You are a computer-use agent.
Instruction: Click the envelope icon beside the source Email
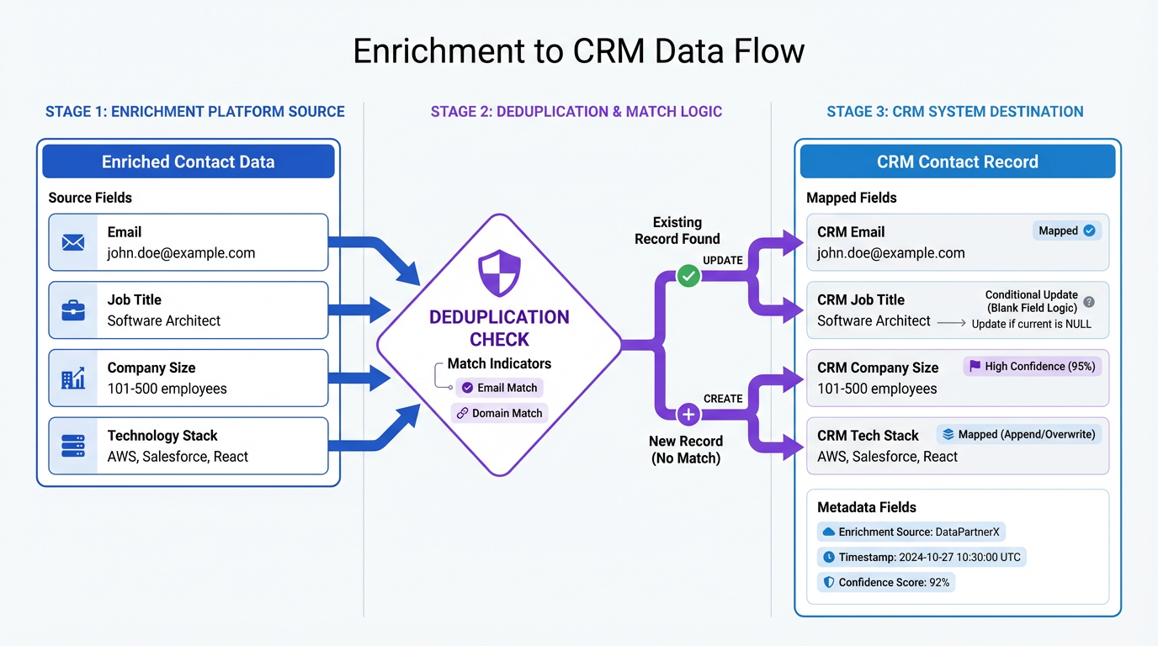[73, 242]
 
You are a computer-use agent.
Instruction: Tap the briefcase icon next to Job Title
[73, 310]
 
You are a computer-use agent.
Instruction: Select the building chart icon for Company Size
[73, 379]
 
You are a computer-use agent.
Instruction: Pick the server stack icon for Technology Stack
[73, 446]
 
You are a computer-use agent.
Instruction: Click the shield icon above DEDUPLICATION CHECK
[499, 272]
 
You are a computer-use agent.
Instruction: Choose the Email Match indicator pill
[499, 388]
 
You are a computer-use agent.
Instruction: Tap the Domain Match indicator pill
[499, 413]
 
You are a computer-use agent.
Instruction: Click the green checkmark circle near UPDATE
[688, 275]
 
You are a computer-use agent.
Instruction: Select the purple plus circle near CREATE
[688, 414]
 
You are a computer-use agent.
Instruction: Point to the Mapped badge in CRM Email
[1067, 230]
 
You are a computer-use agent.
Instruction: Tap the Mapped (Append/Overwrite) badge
[1018, 434]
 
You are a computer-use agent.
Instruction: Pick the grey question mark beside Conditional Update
[1089, 301]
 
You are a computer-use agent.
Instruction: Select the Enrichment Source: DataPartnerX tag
[911, 532]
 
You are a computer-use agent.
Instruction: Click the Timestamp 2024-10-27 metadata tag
[922, 557]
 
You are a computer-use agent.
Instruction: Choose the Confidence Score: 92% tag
[886, 582]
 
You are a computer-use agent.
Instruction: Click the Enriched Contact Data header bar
[189, 161]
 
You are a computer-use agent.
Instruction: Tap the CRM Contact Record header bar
[957, 161]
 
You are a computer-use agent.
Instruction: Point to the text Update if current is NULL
[1031, 324]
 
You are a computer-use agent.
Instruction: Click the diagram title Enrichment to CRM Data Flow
[578, 51]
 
